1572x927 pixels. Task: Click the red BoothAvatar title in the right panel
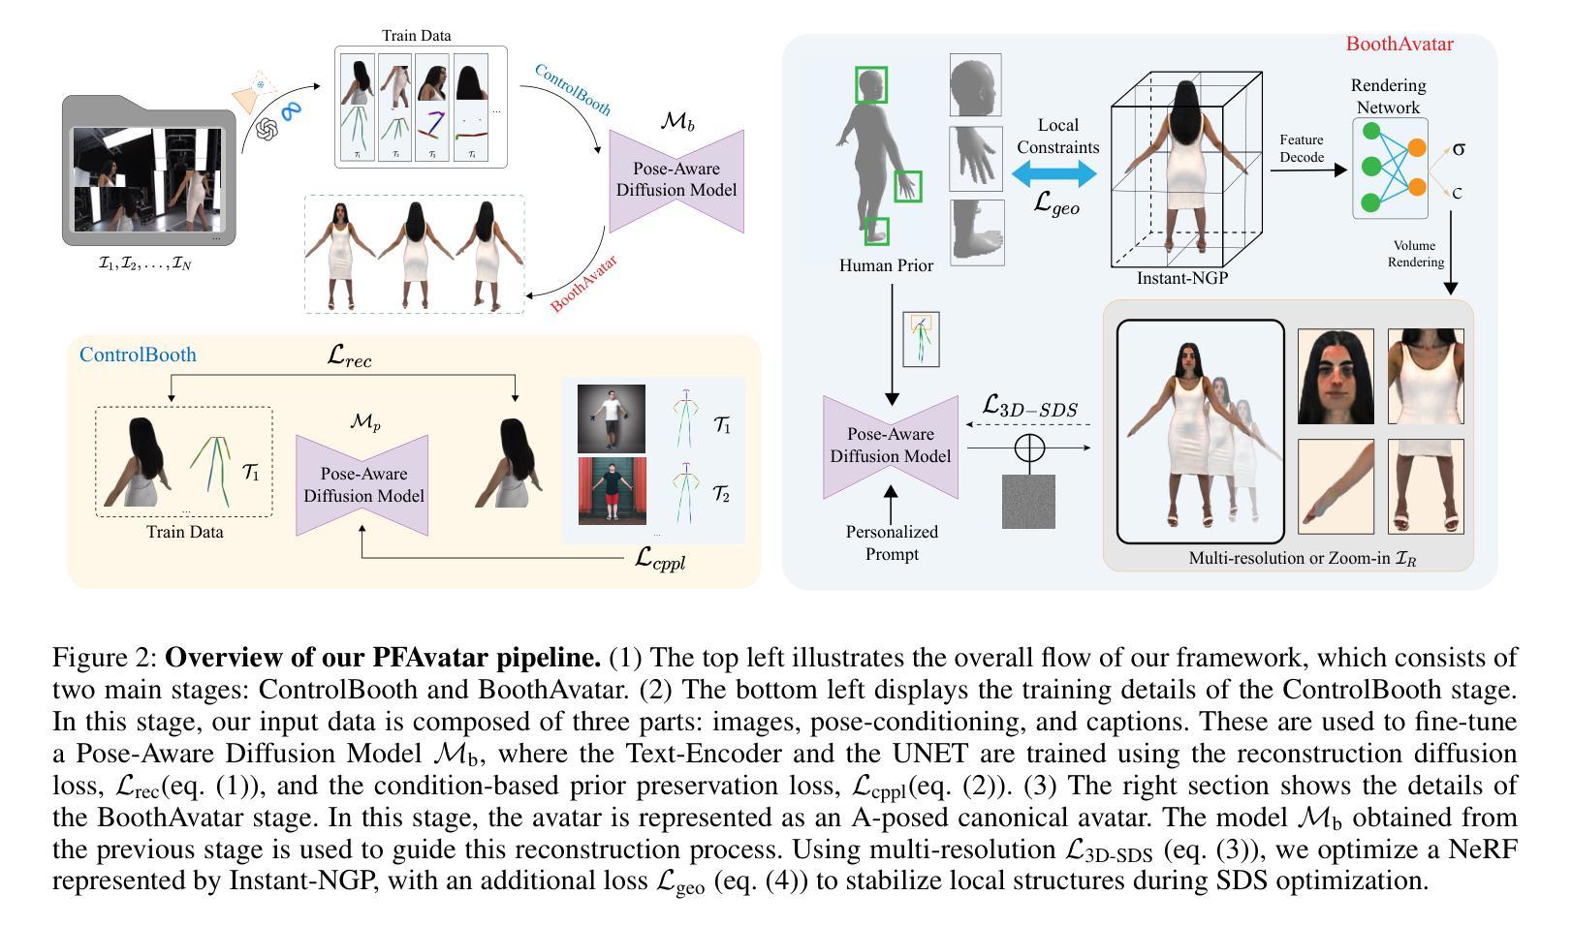point(1399,44)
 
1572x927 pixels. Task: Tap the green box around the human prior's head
point(870,85)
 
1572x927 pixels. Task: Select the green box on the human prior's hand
point(907,186)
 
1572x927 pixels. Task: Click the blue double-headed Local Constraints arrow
point(1054,174)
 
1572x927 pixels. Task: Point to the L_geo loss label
point(1056,203)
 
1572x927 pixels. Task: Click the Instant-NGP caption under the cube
point(1181,279)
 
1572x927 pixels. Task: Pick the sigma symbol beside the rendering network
point(1458,149)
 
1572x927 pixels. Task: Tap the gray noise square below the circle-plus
point(1028,502)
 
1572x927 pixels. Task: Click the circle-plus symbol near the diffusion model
point(1028,448)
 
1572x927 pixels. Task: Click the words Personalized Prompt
point(892,542)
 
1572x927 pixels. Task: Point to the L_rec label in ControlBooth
point(349,356)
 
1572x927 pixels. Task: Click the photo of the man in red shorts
point(612,491)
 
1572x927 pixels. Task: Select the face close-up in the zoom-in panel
point(1336,377)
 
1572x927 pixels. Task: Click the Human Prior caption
point(886,265)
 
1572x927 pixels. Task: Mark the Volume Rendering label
point(1415,254)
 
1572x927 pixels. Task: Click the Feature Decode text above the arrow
point(1302,148)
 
